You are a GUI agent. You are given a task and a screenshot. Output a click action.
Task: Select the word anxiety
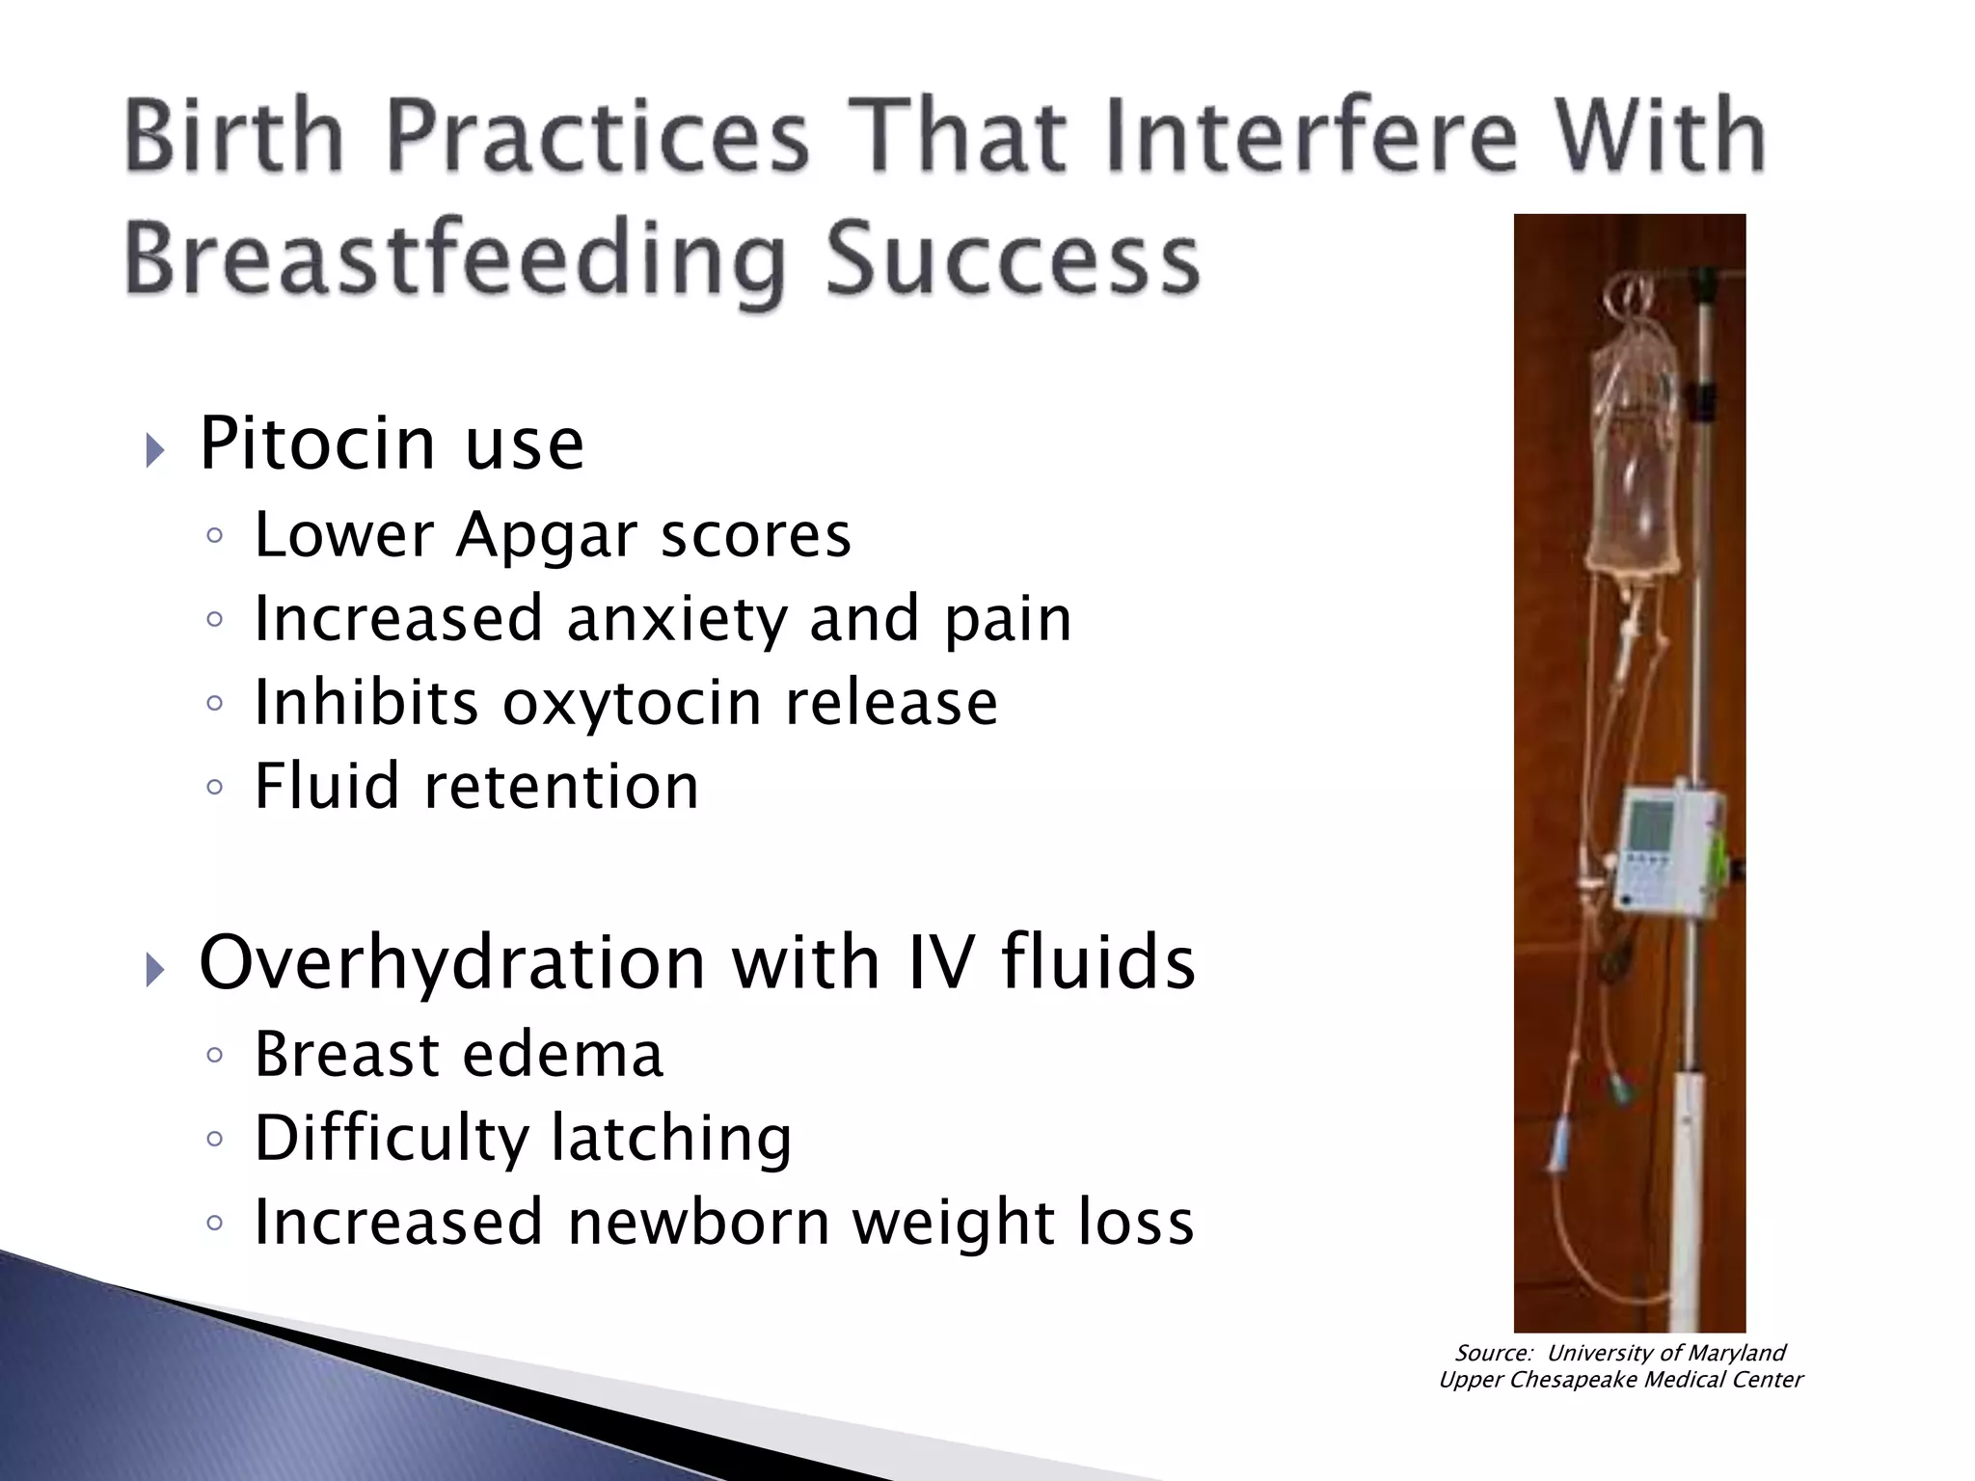pos(677,619)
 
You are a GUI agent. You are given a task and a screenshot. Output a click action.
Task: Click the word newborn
pos(698,1222)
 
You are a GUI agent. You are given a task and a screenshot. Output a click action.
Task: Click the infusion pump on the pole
pos(1665,848)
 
